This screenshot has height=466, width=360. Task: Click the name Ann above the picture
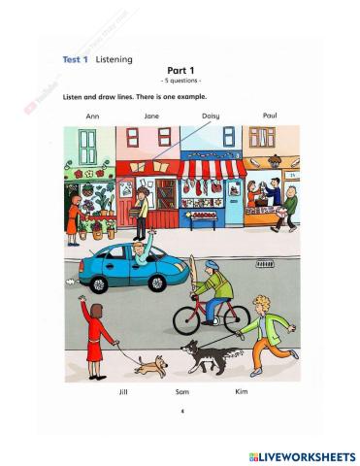93,116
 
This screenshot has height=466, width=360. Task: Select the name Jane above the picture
151,116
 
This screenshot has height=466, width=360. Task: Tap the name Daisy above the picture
211,116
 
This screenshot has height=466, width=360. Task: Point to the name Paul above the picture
271,115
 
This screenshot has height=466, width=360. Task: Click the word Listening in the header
114,59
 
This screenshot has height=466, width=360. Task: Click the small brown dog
150,365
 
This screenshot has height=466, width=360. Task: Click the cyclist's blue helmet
222,264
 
